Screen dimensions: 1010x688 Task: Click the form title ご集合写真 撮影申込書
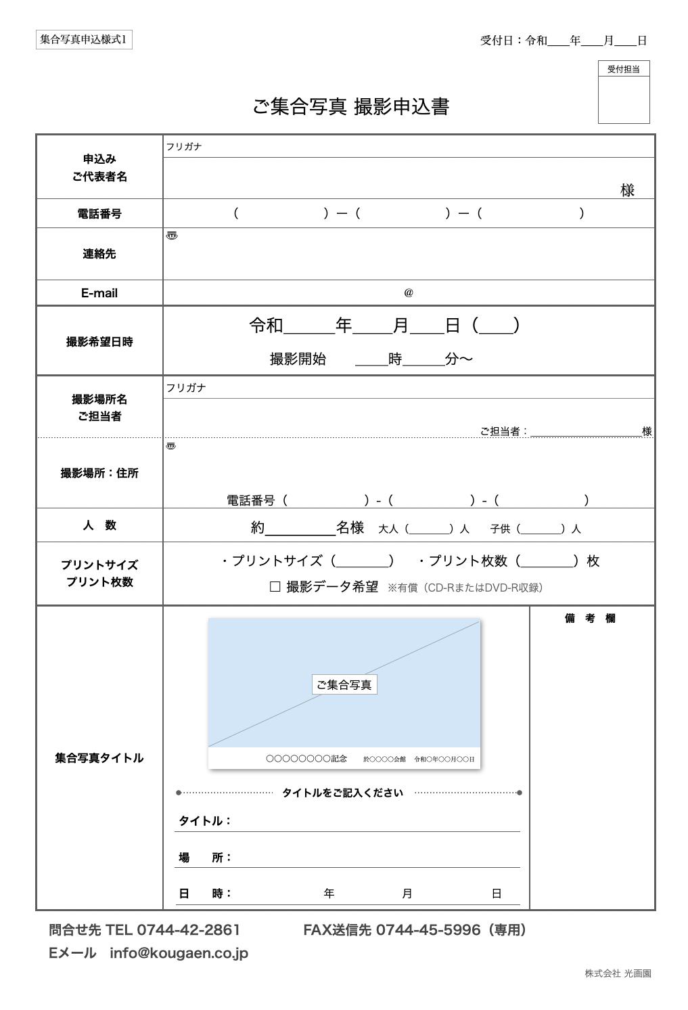point(350,107)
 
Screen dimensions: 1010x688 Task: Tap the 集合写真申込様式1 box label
point(83,40)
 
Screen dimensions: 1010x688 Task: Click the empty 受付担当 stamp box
point(623,100)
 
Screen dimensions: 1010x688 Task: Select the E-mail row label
point(99,293)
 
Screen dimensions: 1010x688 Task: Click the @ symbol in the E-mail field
point(409,292)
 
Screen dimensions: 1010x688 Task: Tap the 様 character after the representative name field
point(627,190)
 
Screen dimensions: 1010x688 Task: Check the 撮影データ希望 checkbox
point(275,587)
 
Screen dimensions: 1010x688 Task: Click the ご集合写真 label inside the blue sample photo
point(344,684)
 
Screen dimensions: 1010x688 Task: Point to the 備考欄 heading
point(590,618)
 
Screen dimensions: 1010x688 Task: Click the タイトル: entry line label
point(205,821)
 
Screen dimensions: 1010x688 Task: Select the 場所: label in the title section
point(205,858)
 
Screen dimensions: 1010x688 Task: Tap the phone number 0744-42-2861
point(188,930)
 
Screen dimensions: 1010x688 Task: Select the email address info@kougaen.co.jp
point(179,953)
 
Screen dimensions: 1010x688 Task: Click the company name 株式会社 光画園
point(618,973)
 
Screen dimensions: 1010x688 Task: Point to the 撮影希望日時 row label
point(99,342)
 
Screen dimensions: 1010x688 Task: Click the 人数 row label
point(99,525)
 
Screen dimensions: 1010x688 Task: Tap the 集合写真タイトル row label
point(99,758)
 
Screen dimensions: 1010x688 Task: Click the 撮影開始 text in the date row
point(298,359)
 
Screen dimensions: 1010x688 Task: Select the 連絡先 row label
point(99,254)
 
